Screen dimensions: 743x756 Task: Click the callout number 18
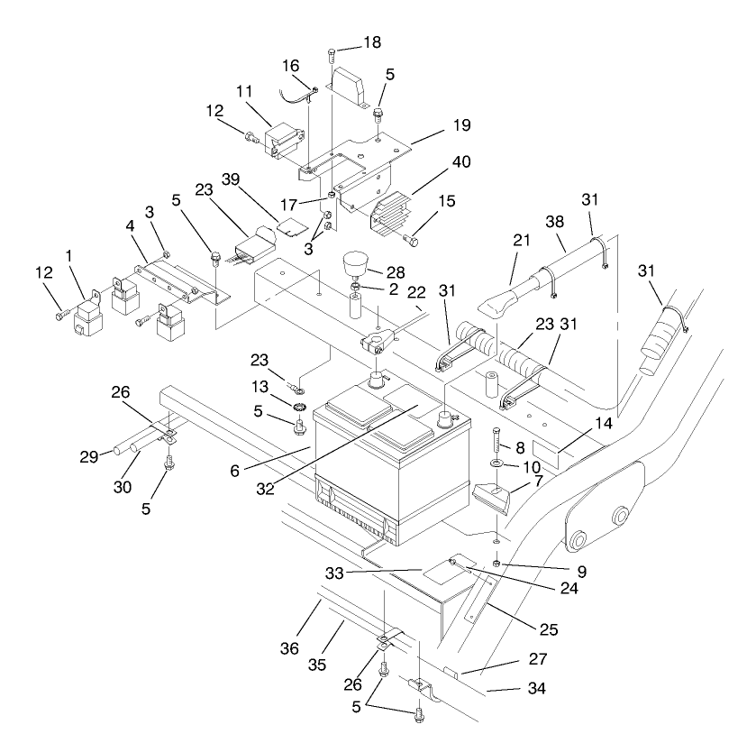(x=373, y=42)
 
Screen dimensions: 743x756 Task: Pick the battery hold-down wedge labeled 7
(x=491, y=499)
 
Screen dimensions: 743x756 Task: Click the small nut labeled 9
(x=497, y=564)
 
